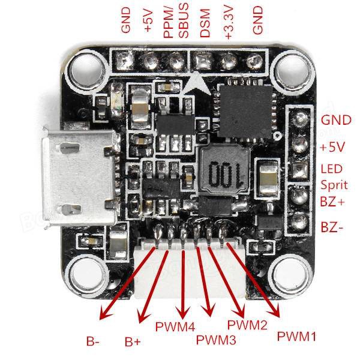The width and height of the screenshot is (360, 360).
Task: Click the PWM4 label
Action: pos(175,328)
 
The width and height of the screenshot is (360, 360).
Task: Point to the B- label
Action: pos(93,342)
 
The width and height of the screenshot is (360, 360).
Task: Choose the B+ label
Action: pos(133,342)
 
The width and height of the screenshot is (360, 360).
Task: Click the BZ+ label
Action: pos(332,202)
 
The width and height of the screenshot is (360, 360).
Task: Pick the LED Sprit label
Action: pos(332,176)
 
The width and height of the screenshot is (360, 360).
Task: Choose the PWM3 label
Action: pos(216,340)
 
